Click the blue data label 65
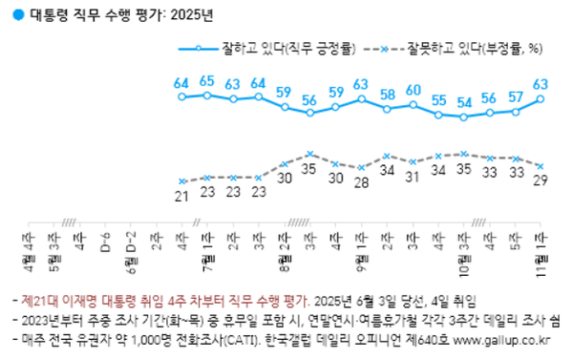pyautogui.click(x=206, y=82)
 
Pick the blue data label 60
pyautogui.click(x=412, y=91)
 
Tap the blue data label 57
pyautogui.click(x=515, y=96)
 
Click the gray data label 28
pyautogui.click(x=361, y=182)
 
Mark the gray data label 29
pyautogui.click(x=541, y=180)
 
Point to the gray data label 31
pyautogui.click(x=412, y=177)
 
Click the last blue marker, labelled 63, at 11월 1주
pyautogui.click(x=541, y=98)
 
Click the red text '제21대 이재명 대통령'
pyautogui.click(x=69, y=299)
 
